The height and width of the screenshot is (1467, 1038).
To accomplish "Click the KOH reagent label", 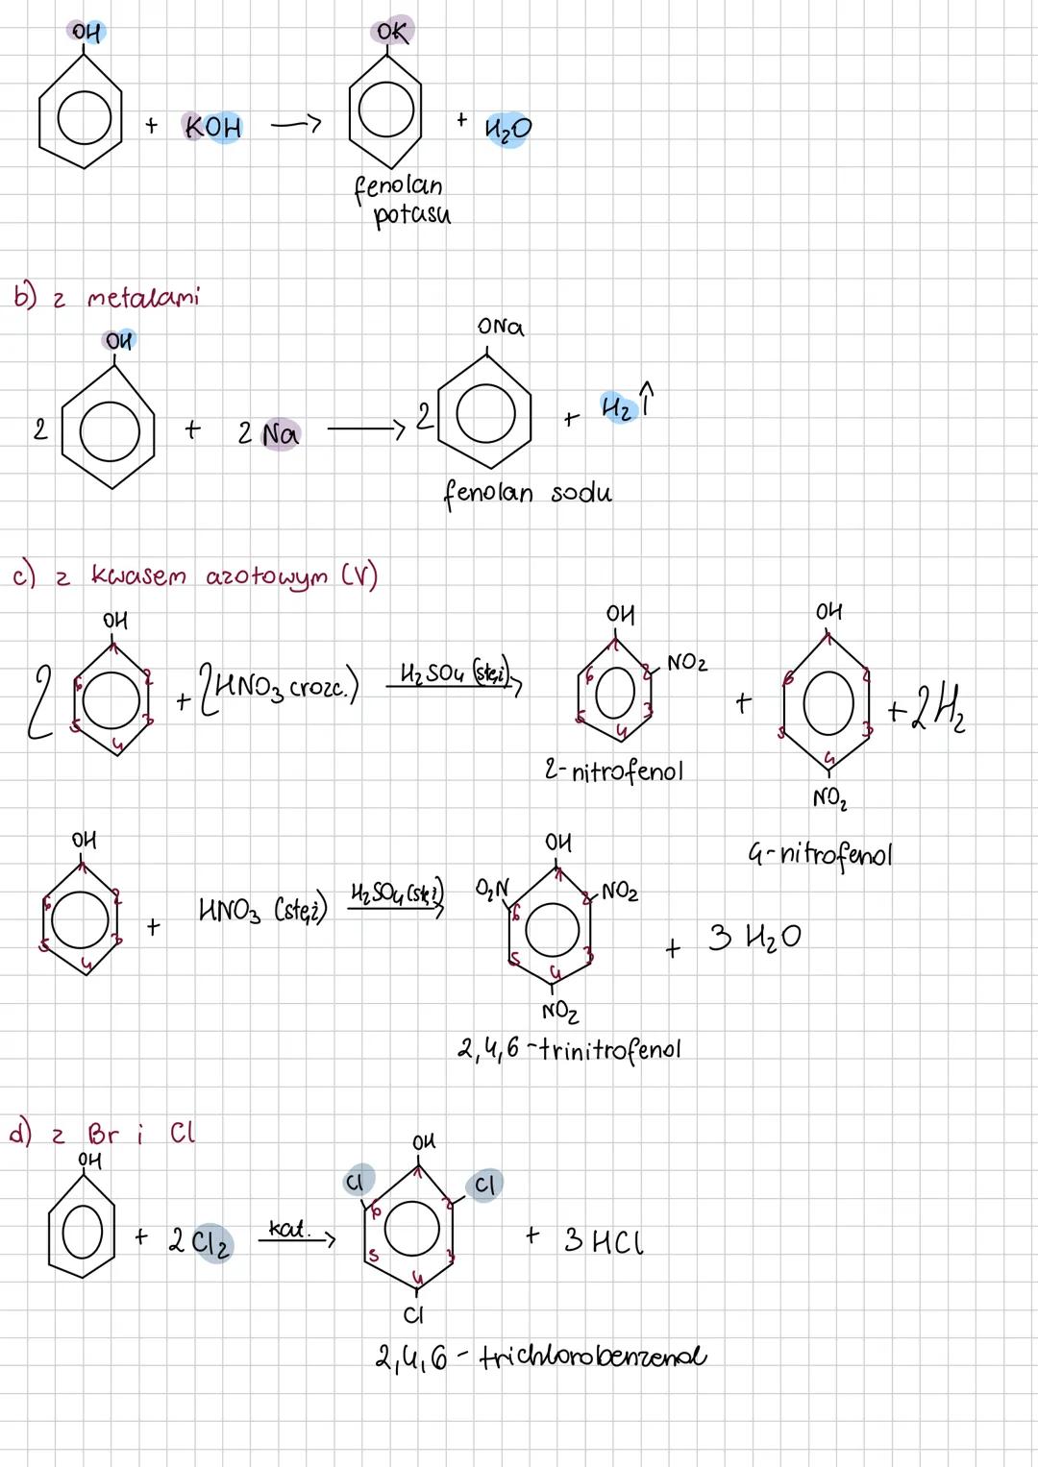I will pyautogui.click(x=213, y=127).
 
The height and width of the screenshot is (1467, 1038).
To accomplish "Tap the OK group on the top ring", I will pyautogui.click(x=391, y=32).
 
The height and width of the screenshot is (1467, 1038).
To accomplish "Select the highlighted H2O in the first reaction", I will pyautogui.click(x=508, y=129).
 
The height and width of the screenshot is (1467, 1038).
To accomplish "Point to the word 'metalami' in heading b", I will pyautogui.click(x=143, y=297).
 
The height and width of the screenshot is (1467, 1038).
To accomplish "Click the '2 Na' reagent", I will pyautogui.click(x=268, y=434).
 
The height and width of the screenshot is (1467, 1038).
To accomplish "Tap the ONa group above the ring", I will pyautogui.click(x=501, y=327).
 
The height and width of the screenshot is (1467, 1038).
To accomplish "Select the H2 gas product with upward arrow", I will pyautogui.click(x=626, y=406).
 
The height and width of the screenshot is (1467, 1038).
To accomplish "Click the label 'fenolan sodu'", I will pyautogui.click(x=527, y=493).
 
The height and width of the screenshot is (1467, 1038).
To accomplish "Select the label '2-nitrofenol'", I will pyautogui.click(x=613, y=771).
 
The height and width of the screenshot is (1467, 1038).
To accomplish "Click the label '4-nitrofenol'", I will pyautogui.click(x=820, y=853).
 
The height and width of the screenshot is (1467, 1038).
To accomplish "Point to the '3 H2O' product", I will pyautogui.click(x=754, y=937).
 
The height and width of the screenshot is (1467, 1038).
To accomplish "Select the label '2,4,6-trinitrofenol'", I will pyautogui.click(x=569, y=1049).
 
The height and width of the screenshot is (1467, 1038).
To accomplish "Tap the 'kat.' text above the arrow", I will pyautogui.click(x=288, y=1229).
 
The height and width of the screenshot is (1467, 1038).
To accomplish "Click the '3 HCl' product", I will pyautogui.click(x=603, y=1241).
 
